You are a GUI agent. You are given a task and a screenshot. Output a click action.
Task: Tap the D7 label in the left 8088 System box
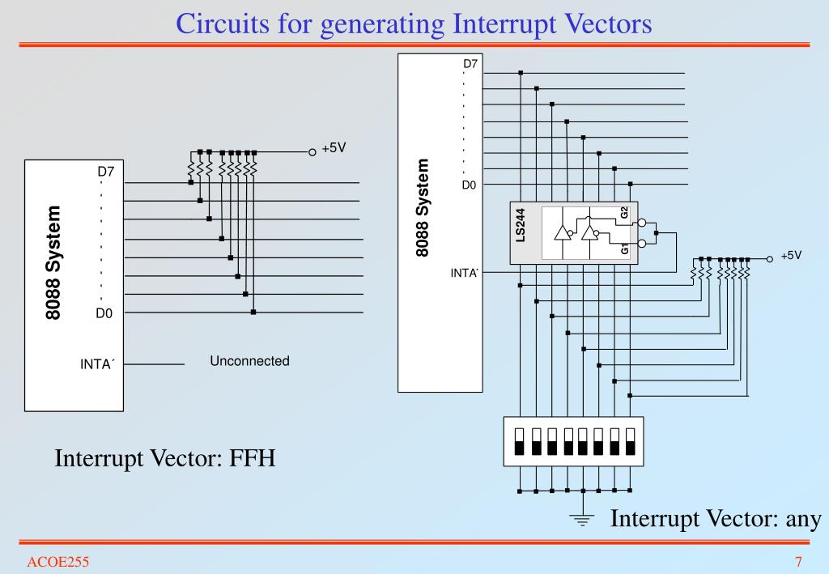(x=106, y=172)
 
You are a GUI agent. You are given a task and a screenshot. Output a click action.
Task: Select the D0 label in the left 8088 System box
(x=105, y=314)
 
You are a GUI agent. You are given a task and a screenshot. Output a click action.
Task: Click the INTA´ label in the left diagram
(x=97, y=364)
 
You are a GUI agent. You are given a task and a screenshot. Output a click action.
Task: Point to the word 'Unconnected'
(x=249, y=361)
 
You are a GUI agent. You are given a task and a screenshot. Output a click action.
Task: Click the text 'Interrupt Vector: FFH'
(x=165, y=459)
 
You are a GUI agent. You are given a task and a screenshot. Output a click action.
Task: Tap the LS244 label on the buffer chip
(x=521, y=224)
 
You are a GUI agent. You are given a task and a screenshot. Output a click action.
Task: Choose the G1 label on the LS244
(x=624, y=249)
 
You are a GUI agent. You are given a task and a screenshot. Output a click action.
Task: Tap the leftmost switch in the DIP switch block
(x=520, y=441)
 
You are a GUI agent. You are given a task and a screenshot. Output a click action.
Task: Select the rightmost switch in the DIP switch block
(x=630, y=441)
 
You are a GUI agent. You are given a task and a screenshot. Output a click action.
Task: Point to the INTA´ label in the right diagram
(x=465, y=273)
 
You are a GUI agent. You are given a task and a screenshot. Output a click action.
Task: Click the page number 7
(x=798, y=562)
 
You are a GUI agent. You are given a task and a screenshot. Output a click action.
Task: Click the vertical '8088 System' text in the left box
(x=53, y=262)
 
